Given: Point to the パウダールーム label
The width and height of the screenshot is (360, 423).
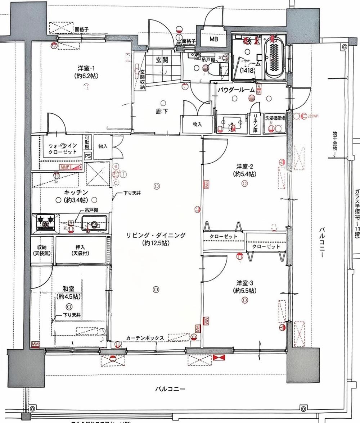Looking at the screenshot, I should [x=236, y=90].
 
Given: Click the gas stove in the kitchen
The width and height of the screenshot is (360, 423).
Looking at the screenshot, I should [x=45, y=223].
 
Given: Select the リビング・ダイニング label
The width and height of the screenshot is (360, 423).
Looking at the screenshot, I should [x=156, y=236].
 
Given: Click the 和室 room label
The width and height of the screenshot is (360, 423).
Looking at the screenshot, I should [x=68, y=288].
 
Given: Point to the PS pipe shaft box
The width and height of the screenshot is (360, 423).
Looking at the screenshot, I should [x=88, y=156].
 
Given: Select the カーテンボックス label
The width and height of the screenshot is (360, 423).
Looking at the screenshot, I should [x=145, y=338].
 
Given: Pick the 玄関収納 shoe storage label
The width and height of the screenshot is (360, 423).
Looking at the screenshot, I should [x=143, y=79].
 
